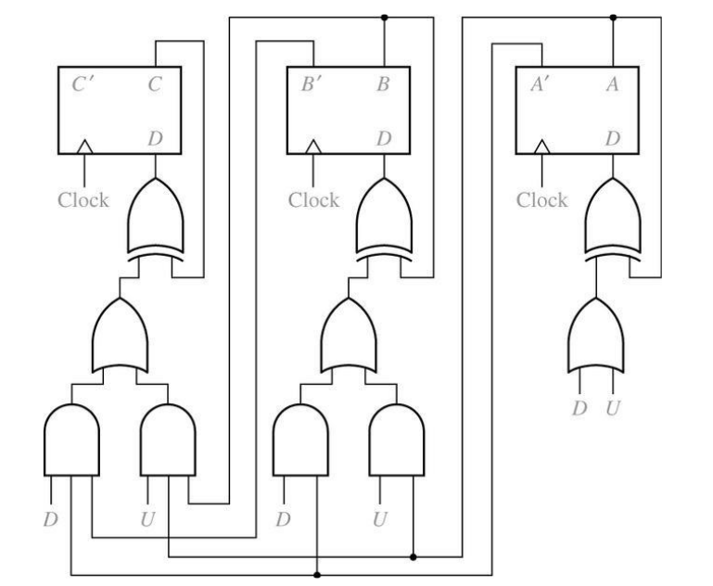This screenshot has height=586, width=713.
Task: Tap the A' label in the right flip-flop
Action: pos(540,84)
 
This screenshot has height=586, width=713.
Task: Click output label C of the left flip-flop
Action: pos(155,84)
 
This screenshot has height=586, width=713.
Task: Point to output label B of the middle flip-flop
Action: pos(382,84)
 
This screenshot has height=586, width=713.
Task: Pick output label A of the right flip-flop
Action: pos(612,84)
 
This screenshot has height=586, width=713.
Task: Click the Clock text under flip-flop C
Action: pos(83,199)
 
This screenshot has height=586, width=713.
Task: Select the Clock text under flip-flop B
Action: pos(312,199)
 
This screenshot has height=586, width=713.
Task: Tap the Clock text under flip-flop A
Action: pos(541,199)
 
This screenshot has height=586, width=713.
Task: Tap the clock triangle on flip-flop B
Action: pos(314,146)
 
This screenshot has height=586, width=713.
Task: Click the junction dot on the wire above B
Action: pos(383,17)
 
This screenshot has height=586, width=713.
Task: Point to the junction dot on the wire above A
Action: pos(612,17)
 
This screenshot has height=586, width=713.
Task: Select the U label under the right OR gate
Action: pos(610,408)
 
